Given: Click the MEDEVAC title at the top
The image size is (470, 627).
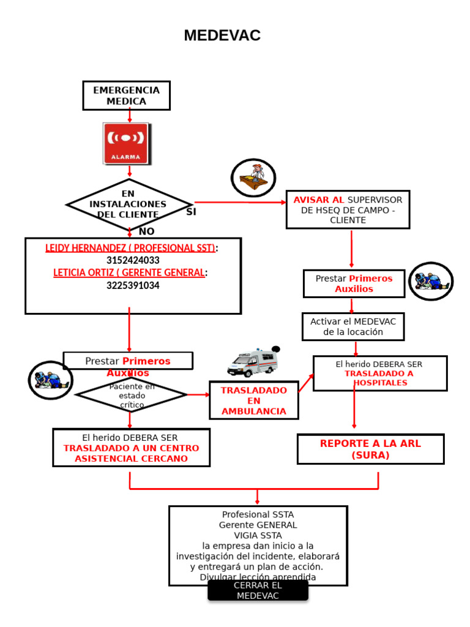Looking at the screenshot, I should tap(222, 36).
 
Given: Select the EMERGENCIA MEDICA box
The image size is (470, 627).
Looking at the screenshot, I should tap(126, 96).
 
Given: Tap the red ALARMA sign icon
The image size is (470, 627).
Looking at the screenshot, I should tap(126, 144).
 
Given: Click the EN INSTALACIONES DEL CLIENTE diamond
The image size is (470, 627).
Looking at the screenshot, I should tap(128, 204).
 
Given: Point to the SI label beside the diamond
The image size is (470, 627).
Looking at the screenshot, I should tap(191, 212).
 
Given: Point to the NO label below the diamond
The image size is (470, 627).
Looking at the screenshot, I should tap(146, 231).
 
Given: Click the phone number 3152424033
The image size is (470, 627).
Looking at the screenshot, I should tap(133, 260).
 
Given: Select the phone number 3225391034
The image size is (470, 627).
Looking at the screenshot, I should tap(133, 285).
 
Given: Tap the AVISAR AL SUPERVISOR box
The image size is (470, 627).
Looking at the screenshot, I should tap(348, 209).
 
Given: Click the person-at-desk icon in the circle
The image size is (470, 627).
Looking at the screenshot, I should tap(253, 178).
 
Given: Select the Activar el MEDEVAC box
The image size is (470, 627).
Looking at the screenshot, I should tap(352, 326).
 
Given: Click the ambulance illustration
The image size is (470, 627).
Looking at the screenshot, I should tap(252, 362).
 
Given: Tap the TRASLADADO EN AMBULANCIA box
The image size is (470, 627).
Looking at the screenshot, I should tap(253, 400).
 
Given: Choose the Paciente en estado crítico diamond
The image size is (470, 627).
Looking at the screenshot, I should tap(132, 396).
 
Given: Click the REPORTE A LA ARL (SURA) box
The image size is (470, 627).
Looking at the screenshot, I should tap(370, 449).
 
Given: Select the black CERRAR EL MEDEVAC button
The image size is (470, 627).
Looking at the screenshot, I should tap(258, 591).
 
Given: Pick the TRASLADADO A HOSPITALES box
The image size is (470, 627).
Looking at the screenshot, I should tap(379, 373).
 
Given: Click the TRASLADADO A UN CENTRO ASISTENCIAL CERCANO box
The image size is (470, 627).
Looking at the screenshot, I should tap(131, 448).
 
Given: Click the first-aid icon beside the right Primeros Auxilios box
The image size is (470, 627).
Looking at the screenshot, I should tap(431, 282).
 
